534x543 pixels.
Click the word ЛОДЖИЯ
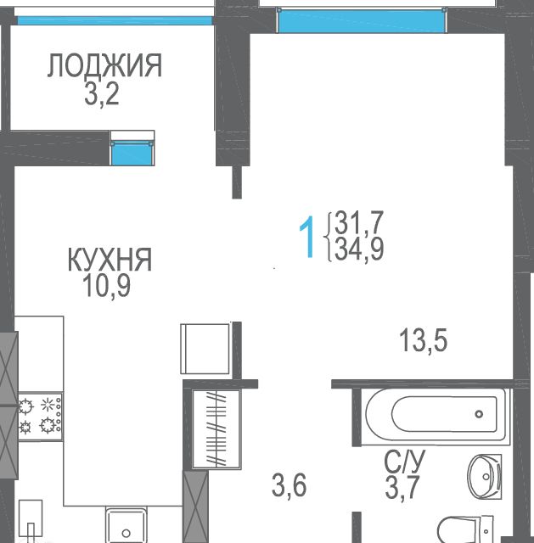coord(104,65)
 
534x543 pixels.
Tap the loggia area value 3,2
coord(102,93)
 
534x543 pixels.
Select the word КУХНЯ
coord(110,260)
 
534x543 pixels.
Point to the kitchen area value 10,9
coord(107,286)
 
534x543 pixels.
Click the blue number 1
coord(307,237)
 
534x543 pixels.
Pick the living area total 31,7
coord(358,222)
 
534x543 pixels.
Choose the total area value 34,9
coord(359,249)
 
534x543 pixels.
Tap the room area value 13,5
coord(423,340)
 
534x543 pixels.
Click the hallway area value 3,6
coord(289,485)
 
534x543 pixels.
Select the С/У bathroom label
coord(404,461)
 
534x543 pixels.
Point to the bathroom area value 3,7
coord(402,487)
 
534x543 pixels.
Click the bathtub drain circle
coord(480,414)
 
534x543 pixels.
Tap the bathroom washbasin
coord(485,477)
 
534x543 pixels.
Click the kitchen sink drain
coord(126,533)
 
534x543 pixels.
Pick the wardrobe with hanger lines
coord(216,428)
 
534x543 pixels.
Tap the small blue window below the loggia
coord(132,153)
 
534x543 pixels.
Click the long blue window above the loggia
coord(115,20)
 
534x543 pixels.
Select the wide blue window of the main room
coord(361,21)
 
